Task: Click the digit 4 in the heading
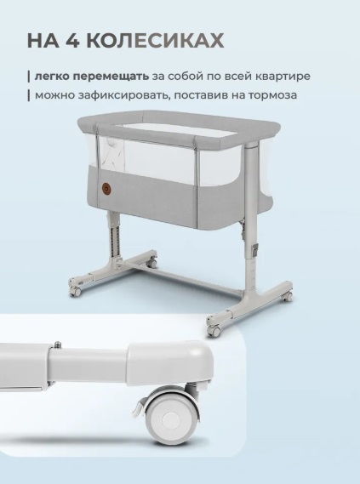[x=73, y=40]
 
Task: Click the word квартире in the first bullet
[x=283, y=77]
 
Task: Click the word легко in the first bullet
[x=53, y=77]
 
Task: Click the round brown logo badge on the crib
[x=106, y=188]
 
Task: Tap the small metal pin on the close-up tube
[x=57, y=344]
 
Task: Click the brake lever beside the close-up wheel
[x=139, y=407]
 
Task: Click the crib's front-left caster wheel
[x=76, y=291]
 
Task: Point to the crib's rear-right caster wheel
[x=288, y=296]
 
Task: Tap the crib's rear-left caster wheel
[x=151, y=264]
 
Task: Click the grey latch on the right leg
[x=255, y=250]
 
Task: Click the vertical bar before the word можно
[x=29, y=95]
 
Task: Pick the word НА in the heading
[x=43, y=40]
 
